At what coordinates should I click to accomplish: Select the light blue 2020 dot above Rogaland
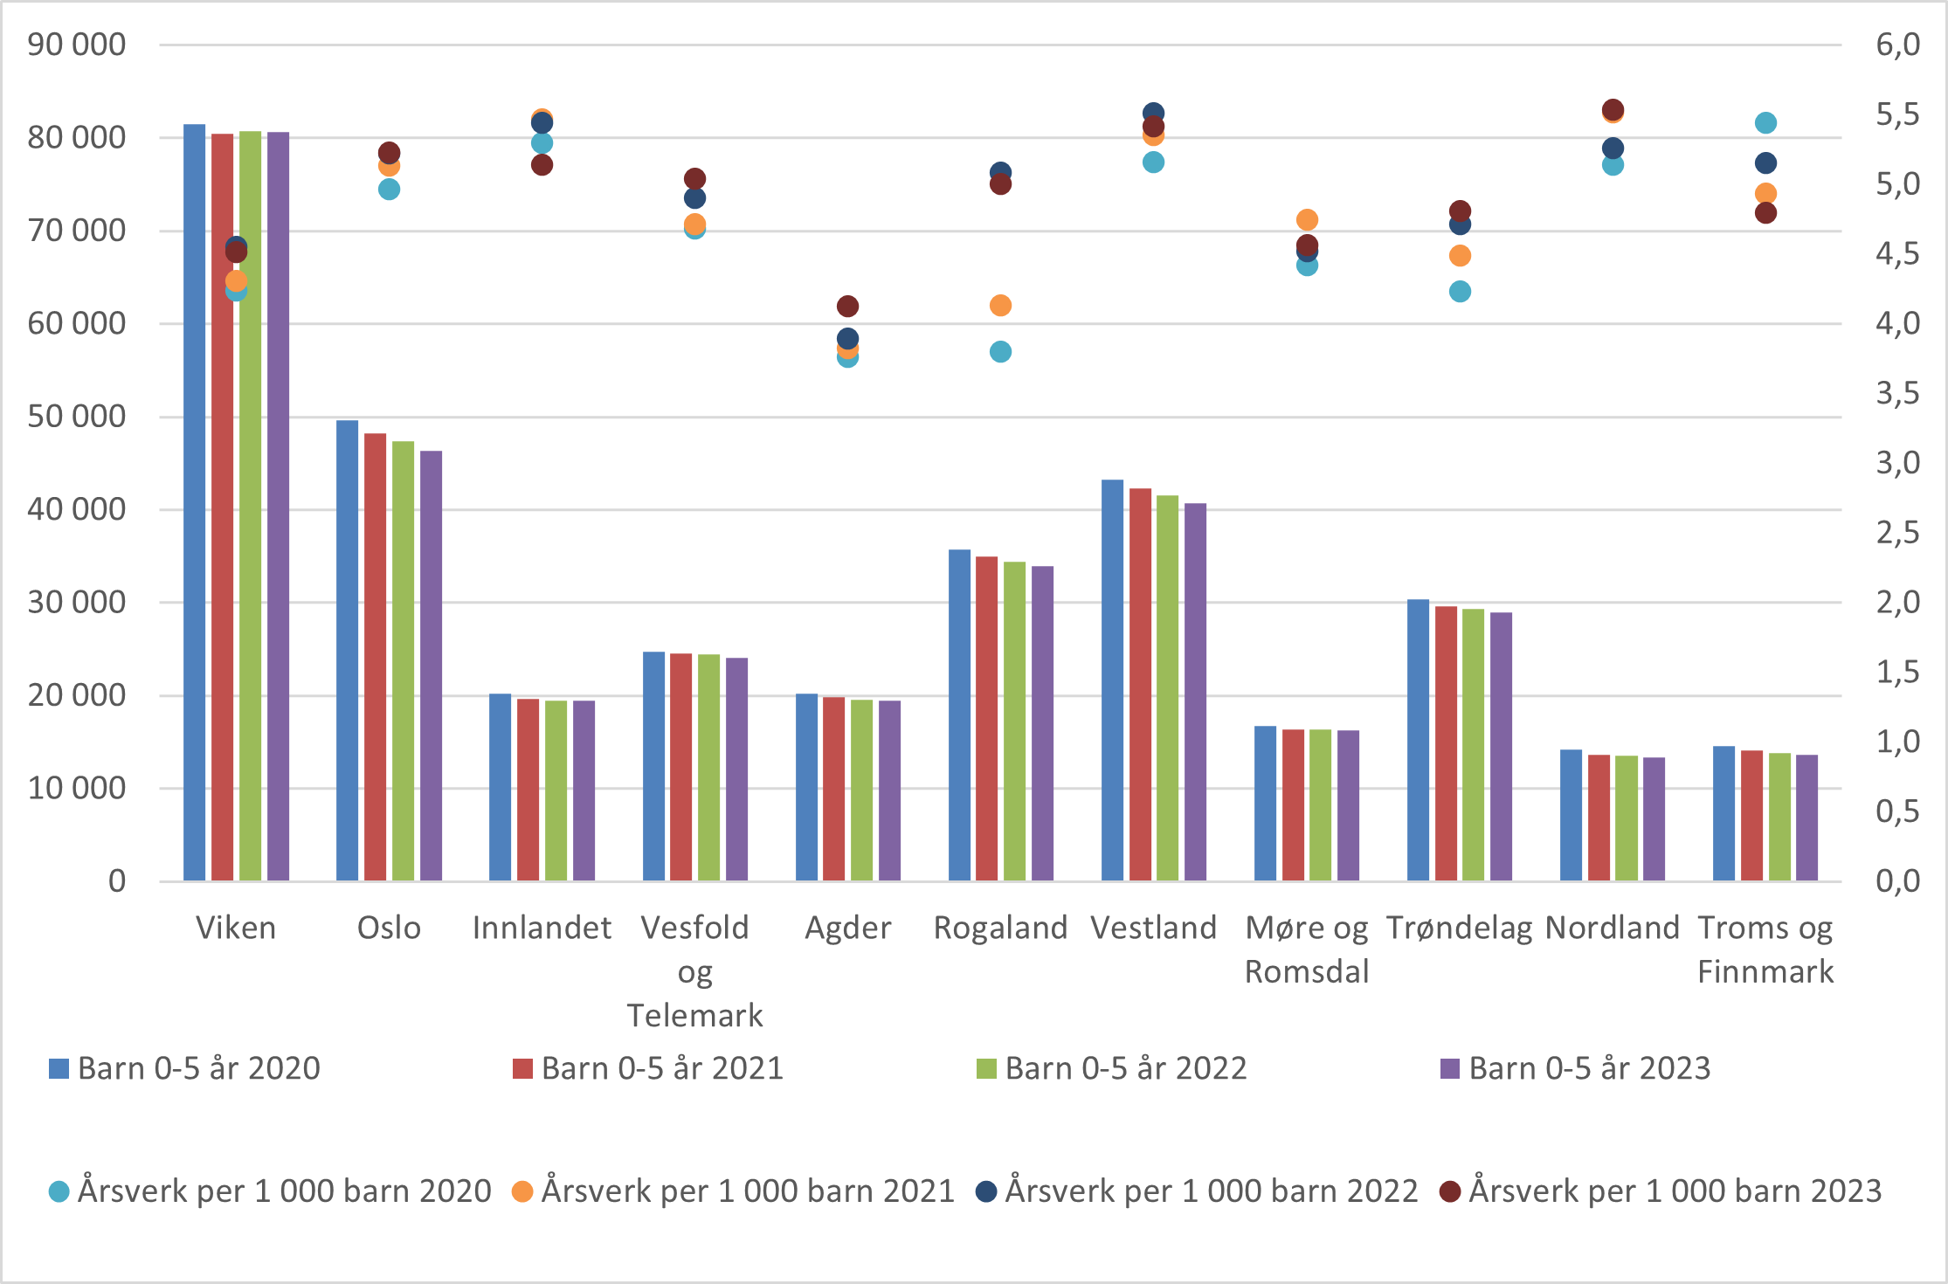(x=1000, y=352)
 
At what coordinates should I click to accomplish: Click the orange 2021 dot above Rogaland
(x=1000, y=306)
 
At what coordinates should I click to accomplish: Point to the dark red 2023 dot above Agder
(x=847, y=307)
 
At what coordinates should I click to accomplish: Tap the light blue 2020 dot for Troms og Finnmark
(x=1765, y=123)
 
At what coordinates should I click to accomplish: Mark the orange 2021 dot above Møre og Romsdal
(x=1307, y=220)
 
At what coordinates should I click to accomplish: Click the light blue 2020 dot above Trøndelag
(x=1460, y=292)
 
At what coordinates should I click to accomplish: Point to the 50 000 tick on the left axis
(x=76, y=417)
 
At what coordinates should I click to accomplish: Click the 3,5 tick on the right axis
(x=1897, y=394)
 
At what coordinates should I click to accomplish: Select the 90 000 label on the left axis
(x=76, y=45)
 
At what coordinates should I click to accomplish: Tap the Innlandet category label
(x=542, y=928)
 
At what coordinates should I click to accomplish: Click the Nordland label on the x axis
(x=1612, y=928)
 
